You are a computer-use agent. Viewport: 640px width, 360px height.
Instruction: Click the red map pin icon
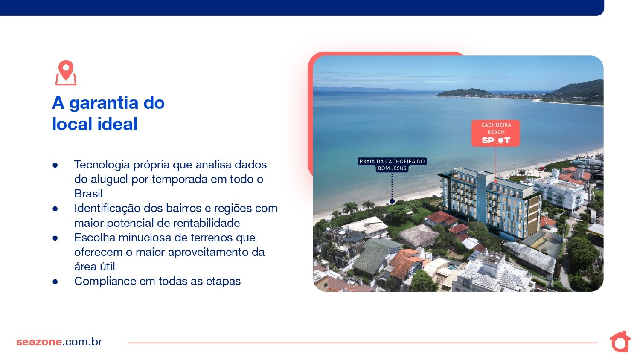pyautogui.click(x=66, y=73)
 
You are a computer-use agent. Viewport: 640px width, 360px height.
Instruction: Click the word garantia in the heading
pyautogui.click(x=103, y=103)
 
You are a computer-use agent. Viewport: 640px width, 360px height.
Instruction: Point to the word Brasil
pyautogui.click(x=88, y=194)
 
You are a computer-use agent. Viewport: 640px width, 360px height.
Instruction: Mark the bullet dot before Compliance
pyautogui.click(x=55, y=282)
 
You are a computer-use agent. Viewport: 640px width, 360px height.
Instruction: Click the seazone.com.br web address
pyautogui.click(x=59, y=342)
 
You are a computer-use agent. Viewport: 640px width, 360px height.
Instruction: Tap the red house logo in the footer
pyautogui.click(x=620, y=341)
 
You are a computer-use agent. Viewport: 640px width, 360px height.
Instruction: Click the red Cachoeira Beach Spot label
pyautogui.click(x=495, y=133)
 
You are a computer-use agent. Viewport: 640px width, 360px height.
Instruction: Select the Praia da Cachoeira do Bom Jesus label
pyautogui.click(x=392, y=165)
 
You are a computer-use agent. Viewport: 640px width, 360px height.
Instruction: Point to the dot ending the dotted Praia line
pyautogui.click(x=392, y=201)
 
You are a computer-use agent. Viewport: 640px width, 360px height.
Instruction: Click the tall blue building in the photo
pyautogui.click(x=490, y=203)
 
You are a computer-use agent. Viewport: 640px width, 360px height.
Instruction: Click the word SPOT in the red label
pyautogui.click(x=496, y=140)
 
